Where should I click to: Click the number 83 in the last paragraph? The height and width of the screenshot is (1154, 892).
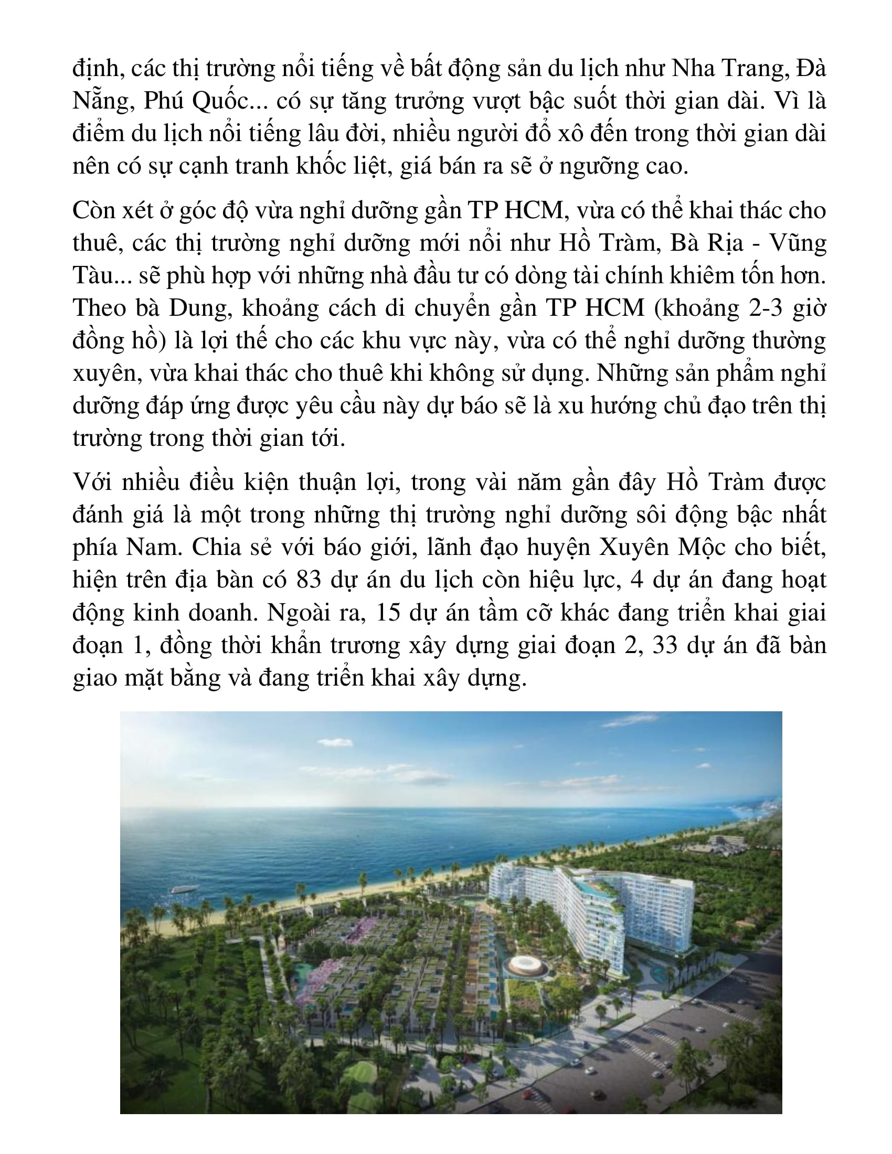tap(309, 580)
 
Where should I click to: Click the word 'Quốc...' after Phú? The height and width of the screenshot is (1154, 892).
tap(230, 101)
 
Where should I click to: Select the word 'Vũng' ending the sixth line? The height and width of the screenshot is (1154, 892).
tap(798, 243)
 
